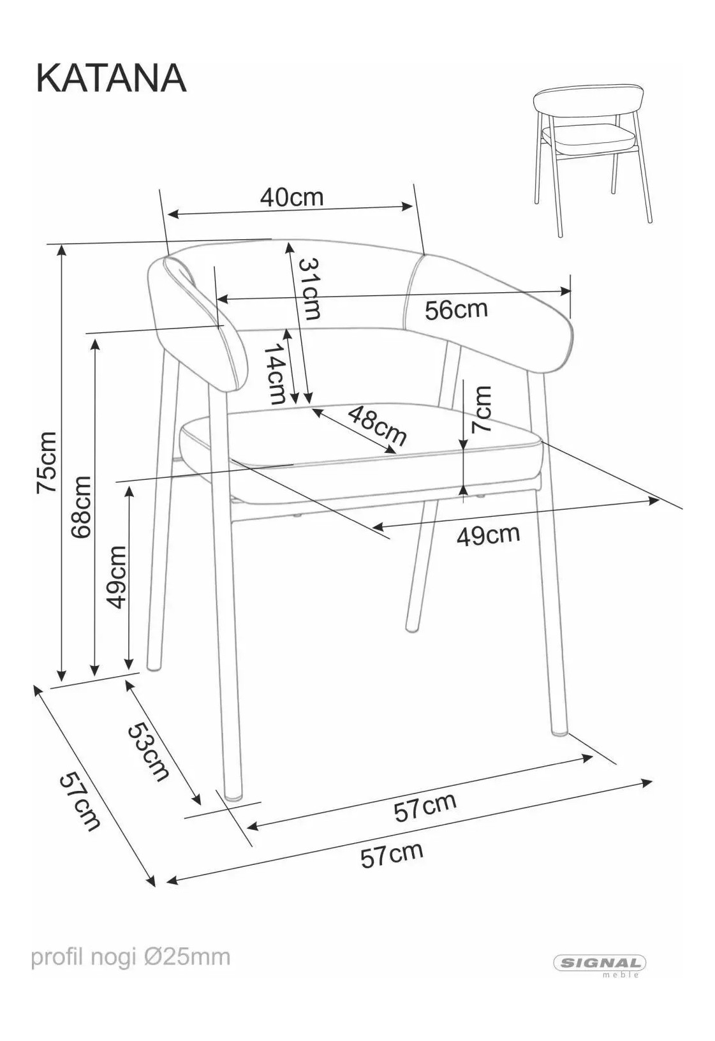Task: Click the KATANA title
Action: click(x=111, y=78)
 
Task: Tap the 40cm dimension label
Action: click(x=291, y=198)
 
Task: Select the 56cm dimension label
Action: click(x=456, y=309)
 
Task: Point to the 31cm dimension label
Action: click(x=309, y=288)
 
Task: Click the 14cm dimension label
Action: click(x=274, y=374)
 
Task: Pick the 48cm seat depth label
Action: click(x=377, y=425)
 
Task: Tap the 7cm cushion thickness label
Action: click(x=481, y=410)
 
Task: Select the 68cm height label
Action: click(x=81, y=508)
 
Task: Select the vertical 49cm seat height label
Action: click(x=116, y=577)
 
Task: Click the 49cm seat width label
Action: click(x=488, y=536)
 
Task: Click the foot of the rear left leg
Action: click(x=155, y=667)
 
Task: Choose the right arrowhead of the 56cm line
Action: click(x=565, y=292)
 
